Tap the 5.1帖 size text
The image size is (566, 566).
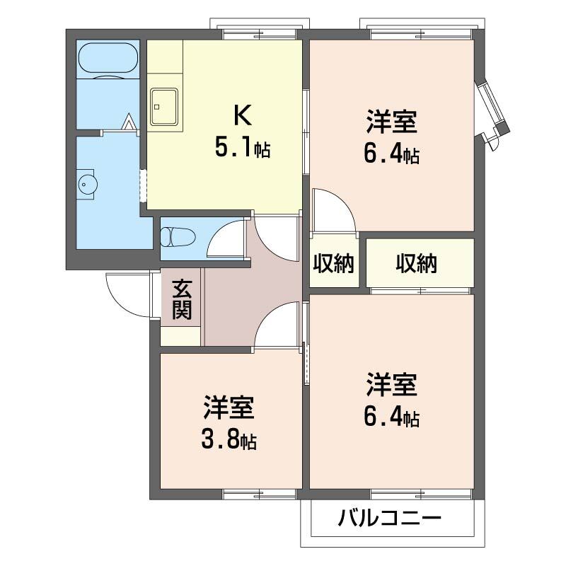(x=242, y=149)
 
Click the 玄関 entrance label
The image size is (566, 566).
(x=182, y=300)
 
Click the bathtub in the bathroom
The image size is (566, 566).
(x=108, y=59)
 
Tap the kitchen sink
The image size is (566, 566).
(x=165, y=107)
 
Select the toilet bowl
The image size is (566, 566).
(x=177, y=236)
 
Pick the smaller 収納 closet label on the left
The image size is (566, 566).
(x=334, y=264)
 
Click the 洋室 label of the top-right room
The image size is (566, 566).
(x=391, y=122)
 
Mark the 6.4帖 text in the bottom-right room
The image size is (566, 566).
(x=391, y=417)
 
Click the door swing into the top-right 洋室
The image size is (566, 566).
(x=332, y=211)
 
